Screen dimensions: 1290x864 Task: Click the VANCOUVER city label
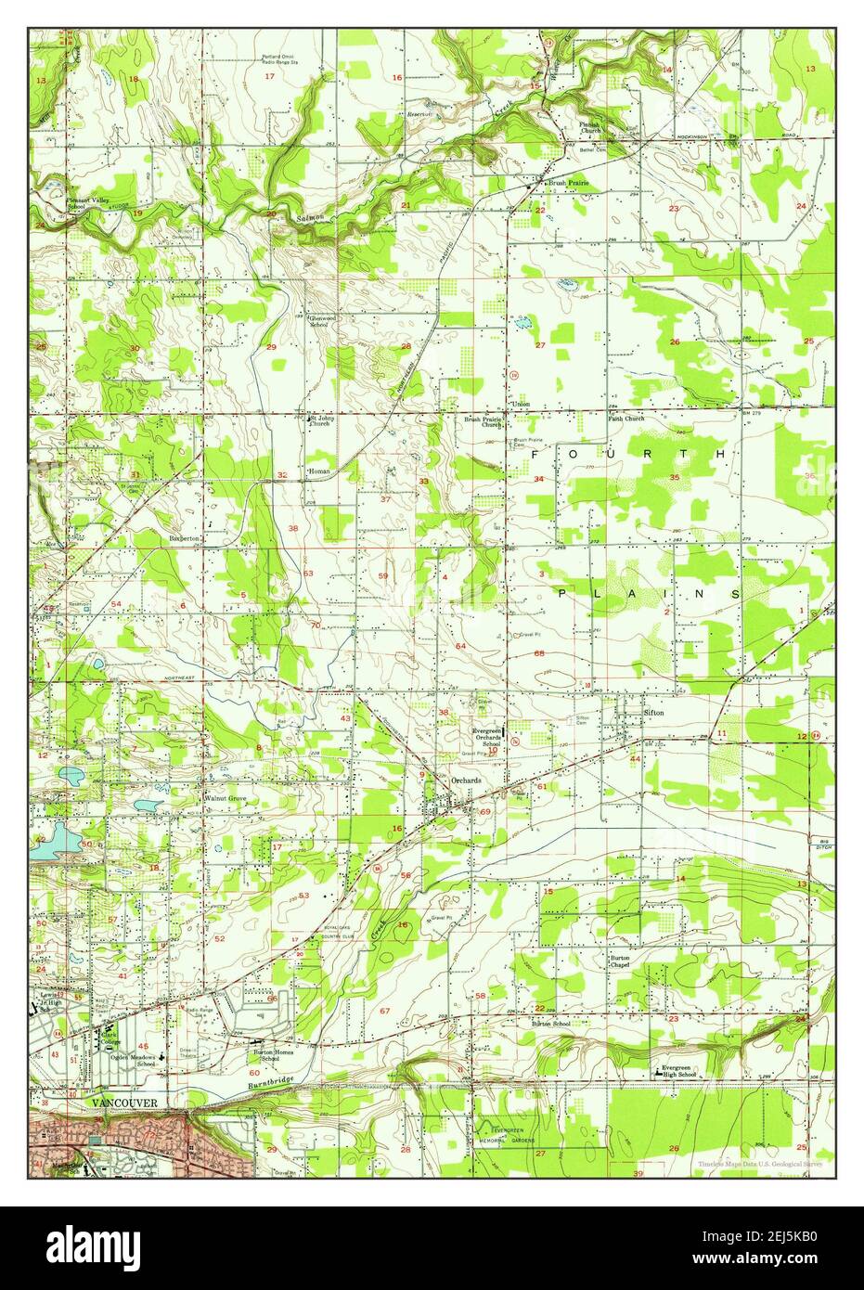(124, 1102)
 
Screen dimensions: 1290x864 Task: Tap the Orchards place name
(466, 780)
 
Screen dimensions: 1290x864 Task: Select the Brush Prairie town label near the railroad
(568, 184)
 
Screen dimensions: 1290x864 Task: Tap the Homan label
(318, 471)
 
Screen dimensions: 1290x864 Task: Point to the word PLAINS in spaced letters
(650, 592)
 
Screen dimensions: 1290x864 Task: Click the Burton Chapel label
(620, 961)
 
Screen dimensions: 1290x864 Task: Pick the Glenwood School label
(318, 320)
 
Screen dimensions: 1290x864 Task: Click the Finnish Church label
(590, 127)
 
